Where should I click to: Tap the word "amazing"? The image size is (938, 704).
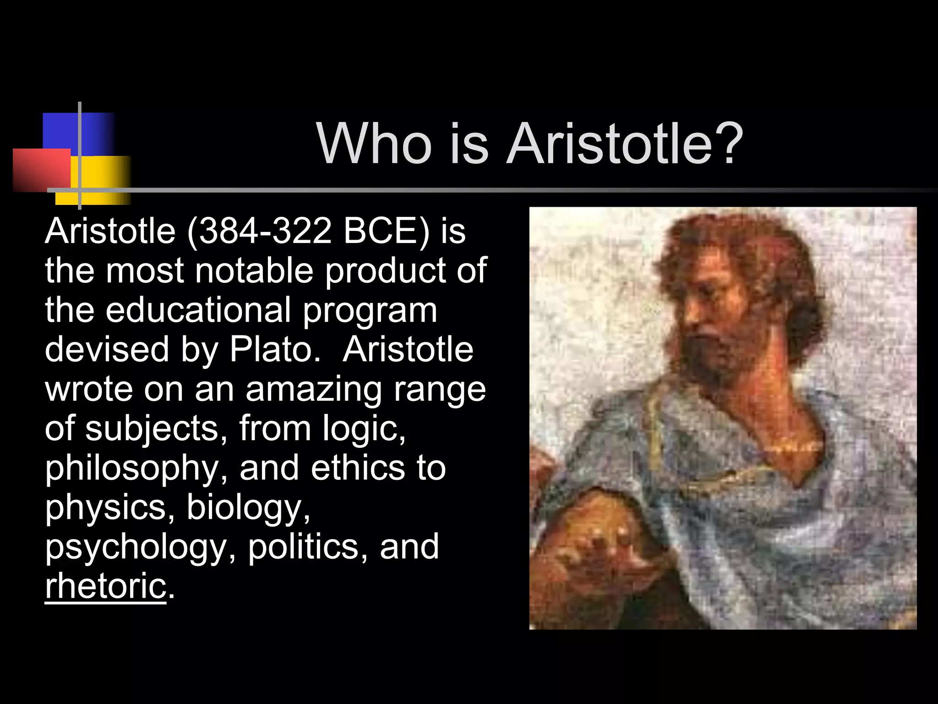313,389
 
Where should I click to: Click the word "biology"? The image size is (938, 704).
245,507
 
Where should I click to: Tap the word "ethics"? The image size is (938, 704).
358,468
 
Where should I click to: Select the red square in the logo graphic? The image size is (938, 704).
39,170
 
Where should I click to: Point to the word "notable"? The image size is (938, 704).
254,270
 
